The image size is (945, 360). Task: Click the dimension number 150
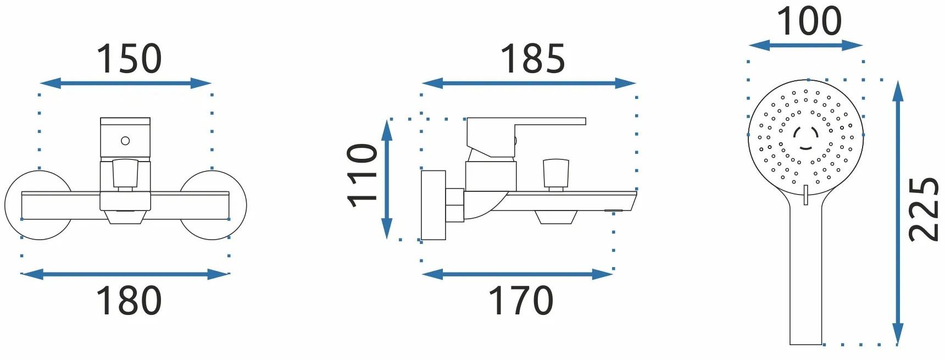click(x=129, y=59)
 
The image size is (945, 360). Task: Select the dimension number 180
click(x=129, y=301)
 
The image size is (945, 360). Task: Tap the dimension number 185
click(x=532, y=59)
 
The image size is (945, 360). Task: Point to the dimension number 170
click(x=521, y=301)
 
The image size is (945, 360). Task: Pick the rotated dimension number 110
click(x=363, y=176)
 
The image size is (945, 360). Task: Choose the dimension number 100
click(x=809, y=21)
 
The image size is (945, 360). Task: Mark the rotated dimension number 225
click(x=924, y=209)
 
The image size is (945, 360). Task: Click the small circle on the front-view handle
click(x=125, y=141)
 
